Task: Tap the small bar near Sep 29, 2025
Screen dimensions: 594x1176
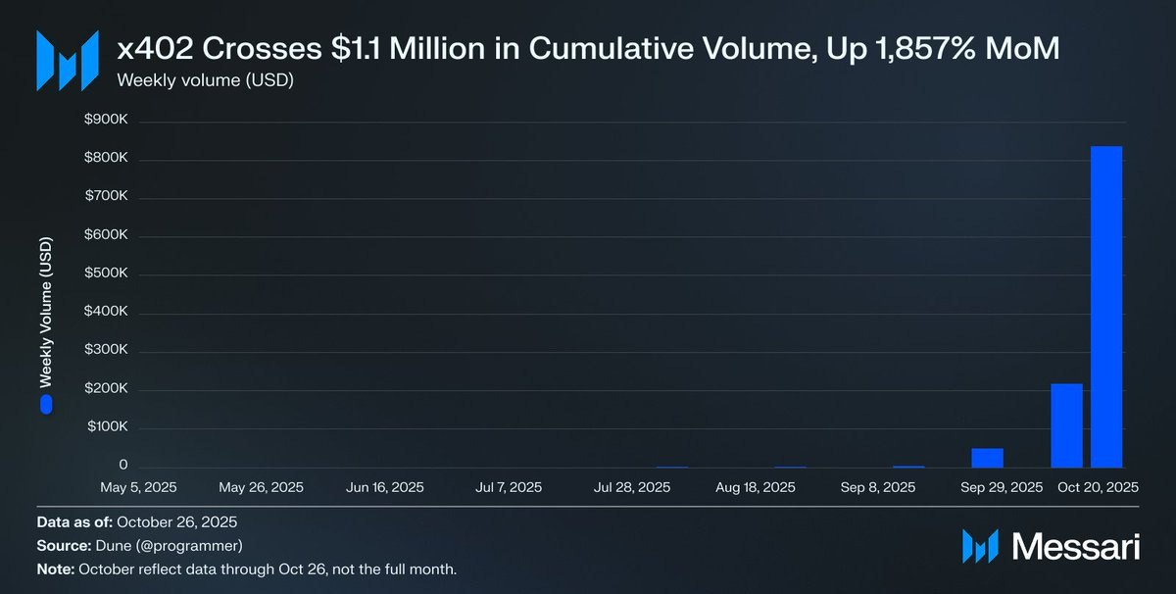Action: coord(987,458)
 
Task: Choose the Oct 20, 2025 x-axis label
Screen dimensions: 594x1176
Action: coord(1097,487)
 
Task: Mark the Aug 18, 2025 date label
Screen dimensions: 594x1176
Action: coord(756,487)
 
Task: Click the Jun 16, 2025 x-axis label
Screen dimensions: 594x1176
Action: coord(385,487)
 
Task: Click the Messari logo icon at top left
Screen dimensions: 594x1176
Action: coord(67,61)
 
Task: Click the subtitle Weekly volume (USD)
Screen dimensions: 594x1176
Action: coord(205,80)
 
